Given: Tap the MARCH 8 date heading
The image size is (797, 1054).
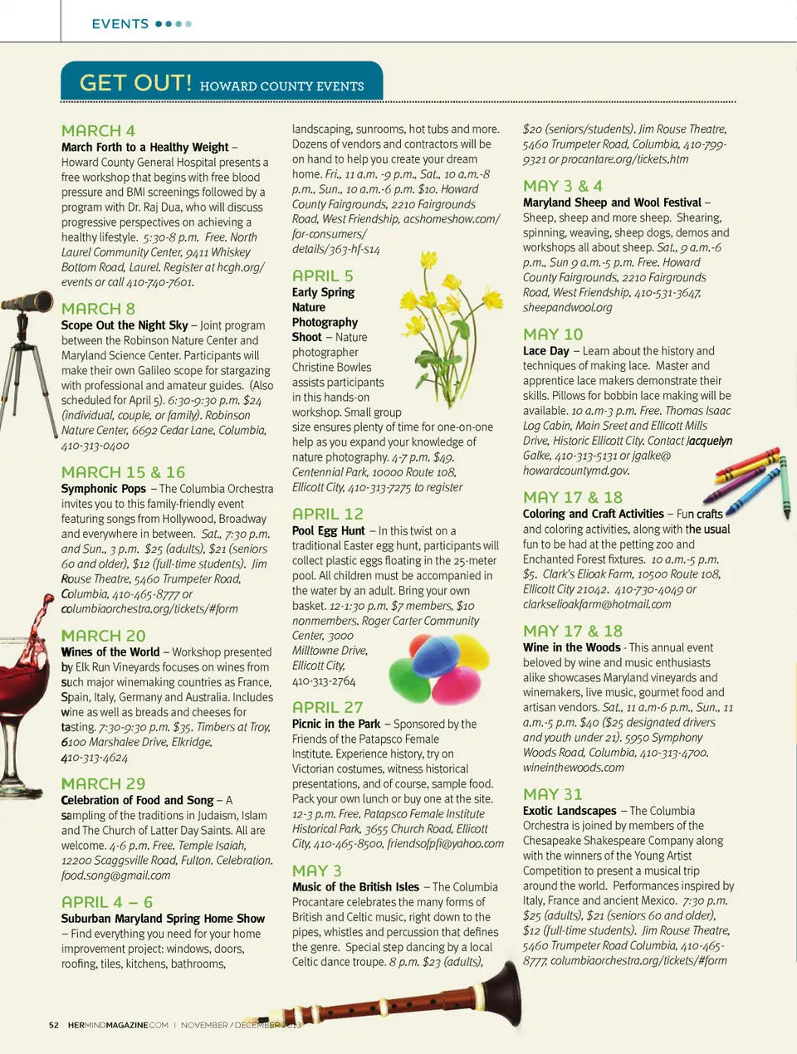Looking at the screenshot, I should (98, 309).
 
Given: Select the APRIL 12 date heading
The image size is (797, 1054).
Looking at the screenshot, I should (327, 514).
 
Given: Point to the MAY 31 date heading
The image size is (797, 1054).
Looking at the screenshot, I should (552, 794).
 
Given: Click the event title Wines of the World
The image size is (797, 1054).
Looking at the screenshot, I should (110, 652).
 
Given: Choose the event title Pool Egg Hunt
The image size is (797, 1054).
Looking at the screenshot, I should (328, 531).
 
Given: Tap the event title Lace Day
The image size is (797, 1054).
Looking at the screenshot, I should (545, 351).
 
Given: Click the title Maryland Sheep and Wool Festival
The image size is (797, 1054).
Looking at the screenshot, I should (612, 203).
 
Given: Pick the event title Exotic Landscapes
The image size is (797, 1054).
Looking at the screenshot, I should (570, 811).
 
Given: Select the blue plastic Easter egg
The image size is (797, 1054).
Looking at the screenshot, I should (437, 656).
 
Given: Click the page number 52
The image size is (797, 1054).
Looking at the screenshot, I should (54, 1025).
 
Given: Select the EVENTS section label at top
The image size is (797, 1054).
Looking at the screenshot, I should (120, 24).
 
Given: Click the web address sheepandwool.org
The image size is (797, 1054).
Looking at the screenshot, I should (567, 308).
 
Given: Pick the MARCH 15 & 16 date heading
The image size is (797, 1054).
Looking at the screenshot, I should (123, 472).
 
